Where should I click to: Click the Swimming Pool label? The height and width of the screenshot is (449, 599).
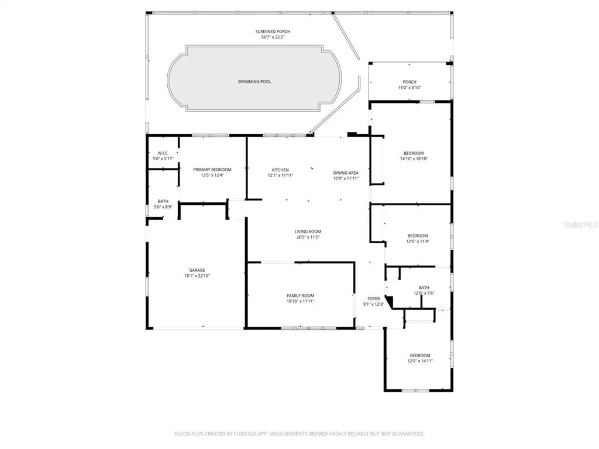pyautogui.click(x=254, y=82)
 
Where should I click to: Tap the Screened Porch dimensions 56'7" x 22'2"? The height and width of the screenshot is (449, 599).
pyautogui.click(x=273, y=37)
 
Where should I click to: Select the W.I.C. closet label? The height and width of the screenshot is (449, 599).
pyautogui.click(x=163, y=153)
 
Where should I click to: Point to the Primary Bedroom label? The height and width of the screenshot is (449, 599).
pyautogui.click(x=212, y=170)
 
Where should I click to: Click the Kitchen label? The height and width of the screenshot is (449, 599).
pyautogui.click(x=280, y=170)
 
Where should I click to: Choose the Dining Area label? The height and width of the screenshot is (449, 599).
pyautogui.click(x=346, y=172)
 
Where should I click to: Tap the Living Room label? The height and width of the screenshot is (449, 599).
pyautogui.click(x=308, y=232)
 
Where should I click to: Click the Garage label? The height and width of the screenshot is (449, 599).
pyautogui.click(x=197, y=270)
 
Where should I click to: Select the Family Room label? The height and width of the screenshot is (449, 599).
pyautogui.click(x=301, y=295)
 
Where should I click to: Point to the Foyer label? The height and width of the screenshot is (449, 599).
pyautogui.click(x=374, y=299)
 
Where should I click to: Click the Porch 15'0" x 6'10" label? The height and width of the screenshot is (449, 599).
pyautogui.click(x=409, y=84)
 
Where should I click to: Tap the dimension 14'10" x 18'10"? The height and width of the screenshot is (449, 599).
pyautogui.click(x=414, y=159)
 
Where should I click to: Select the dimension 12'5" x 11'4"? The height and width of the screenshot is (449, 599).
pyautogui.click(x=418, y=241)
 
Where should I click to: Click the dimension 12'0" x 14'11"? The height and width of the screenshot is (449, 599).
pyautogui.click(x=420, y=361)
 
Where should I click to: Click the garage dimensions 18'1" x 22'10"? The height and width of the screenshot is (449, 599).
pyautogui.click(x=197, y=276)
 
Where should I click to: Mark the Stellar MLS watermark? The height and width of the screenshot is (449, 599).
pyautogui.click(x=581, y=225)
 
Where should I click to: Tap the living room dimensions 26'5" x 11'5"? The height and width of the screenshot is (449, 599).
pyautogui.click(x=308, y=237)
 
